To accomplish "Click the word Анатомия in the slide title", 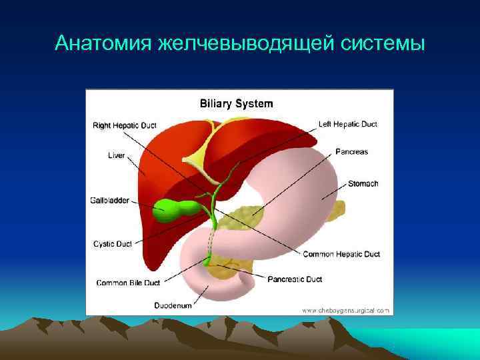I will [104, 43].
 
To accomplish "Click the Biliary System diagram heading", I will [237, 103].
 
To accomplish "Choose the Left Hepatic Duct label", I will [347, 124].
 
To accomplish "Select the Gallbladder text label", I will [110, 200].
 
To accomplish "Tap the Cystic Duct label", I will [112, 243].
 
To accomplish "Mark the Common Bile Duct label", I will [127, 283].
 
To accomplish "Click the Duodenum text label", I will [173, 305].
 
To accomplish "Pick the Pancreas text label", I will [351, 151].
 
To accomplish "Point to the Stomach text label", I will [363, 183].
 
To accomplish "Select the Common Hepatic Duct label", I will [341, 254].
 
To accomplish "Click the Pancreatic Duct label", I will [295, 279].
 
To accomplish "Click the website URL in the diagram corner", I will [345, 310].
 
